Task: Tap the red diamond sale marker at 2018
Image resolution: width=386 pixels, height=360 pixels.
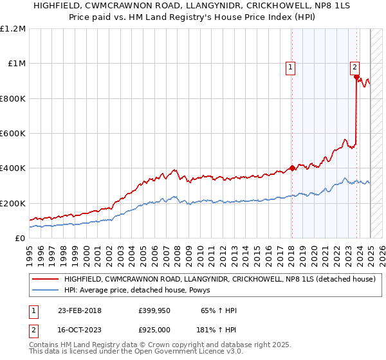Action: [x=292, y=168]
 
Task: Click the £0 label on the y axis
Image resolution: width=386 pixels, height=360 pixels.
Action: [x=19, y=239]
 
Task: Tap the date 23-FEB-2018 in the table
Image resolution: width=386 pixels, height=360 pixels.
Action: [x=79, y=310]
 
